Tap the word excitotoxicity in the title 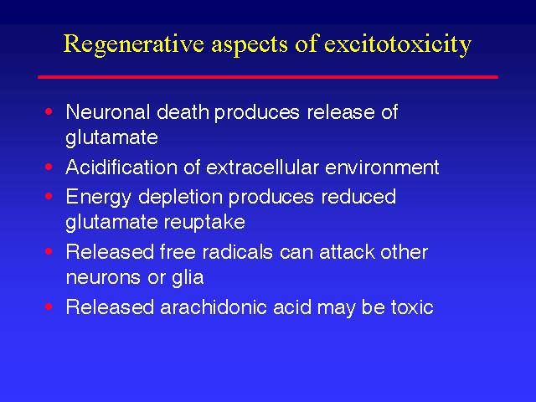pyautogui.click(x=398, y=44)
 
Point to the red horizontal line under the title pyautogui.click(x=268, y=77)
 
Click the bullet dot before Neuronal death pyautogui.click(x=49, y=111)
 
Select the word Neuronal pyautogui.click(x=108, y=111)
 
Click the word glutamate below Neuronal pyautogui.click(x=111, y=138)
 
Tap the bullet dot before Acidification pyautogui.click(x=49, y=167)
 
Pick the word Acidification pyautogui.click(x=121, y=167)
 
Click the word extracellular pyautogui.click(x=262, y=167)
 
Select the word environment pyautogui.click(x=382, y=167)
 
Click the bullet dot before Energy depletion pyautogui.click(x=49, y=196)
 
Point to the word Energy pyautogui.click(x=99, y=198)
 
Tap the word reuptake pyautogui.click(x=204, y=223)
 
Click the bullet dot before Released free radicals pyautogui.click(x=49, y=251)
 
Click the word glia pyautogui.click(x=188, y=277)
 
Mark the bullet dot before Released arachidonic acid pyautogui.click(x=49, y=307)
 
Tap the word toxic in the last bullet pyautogui.click(x=413, y=307)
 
